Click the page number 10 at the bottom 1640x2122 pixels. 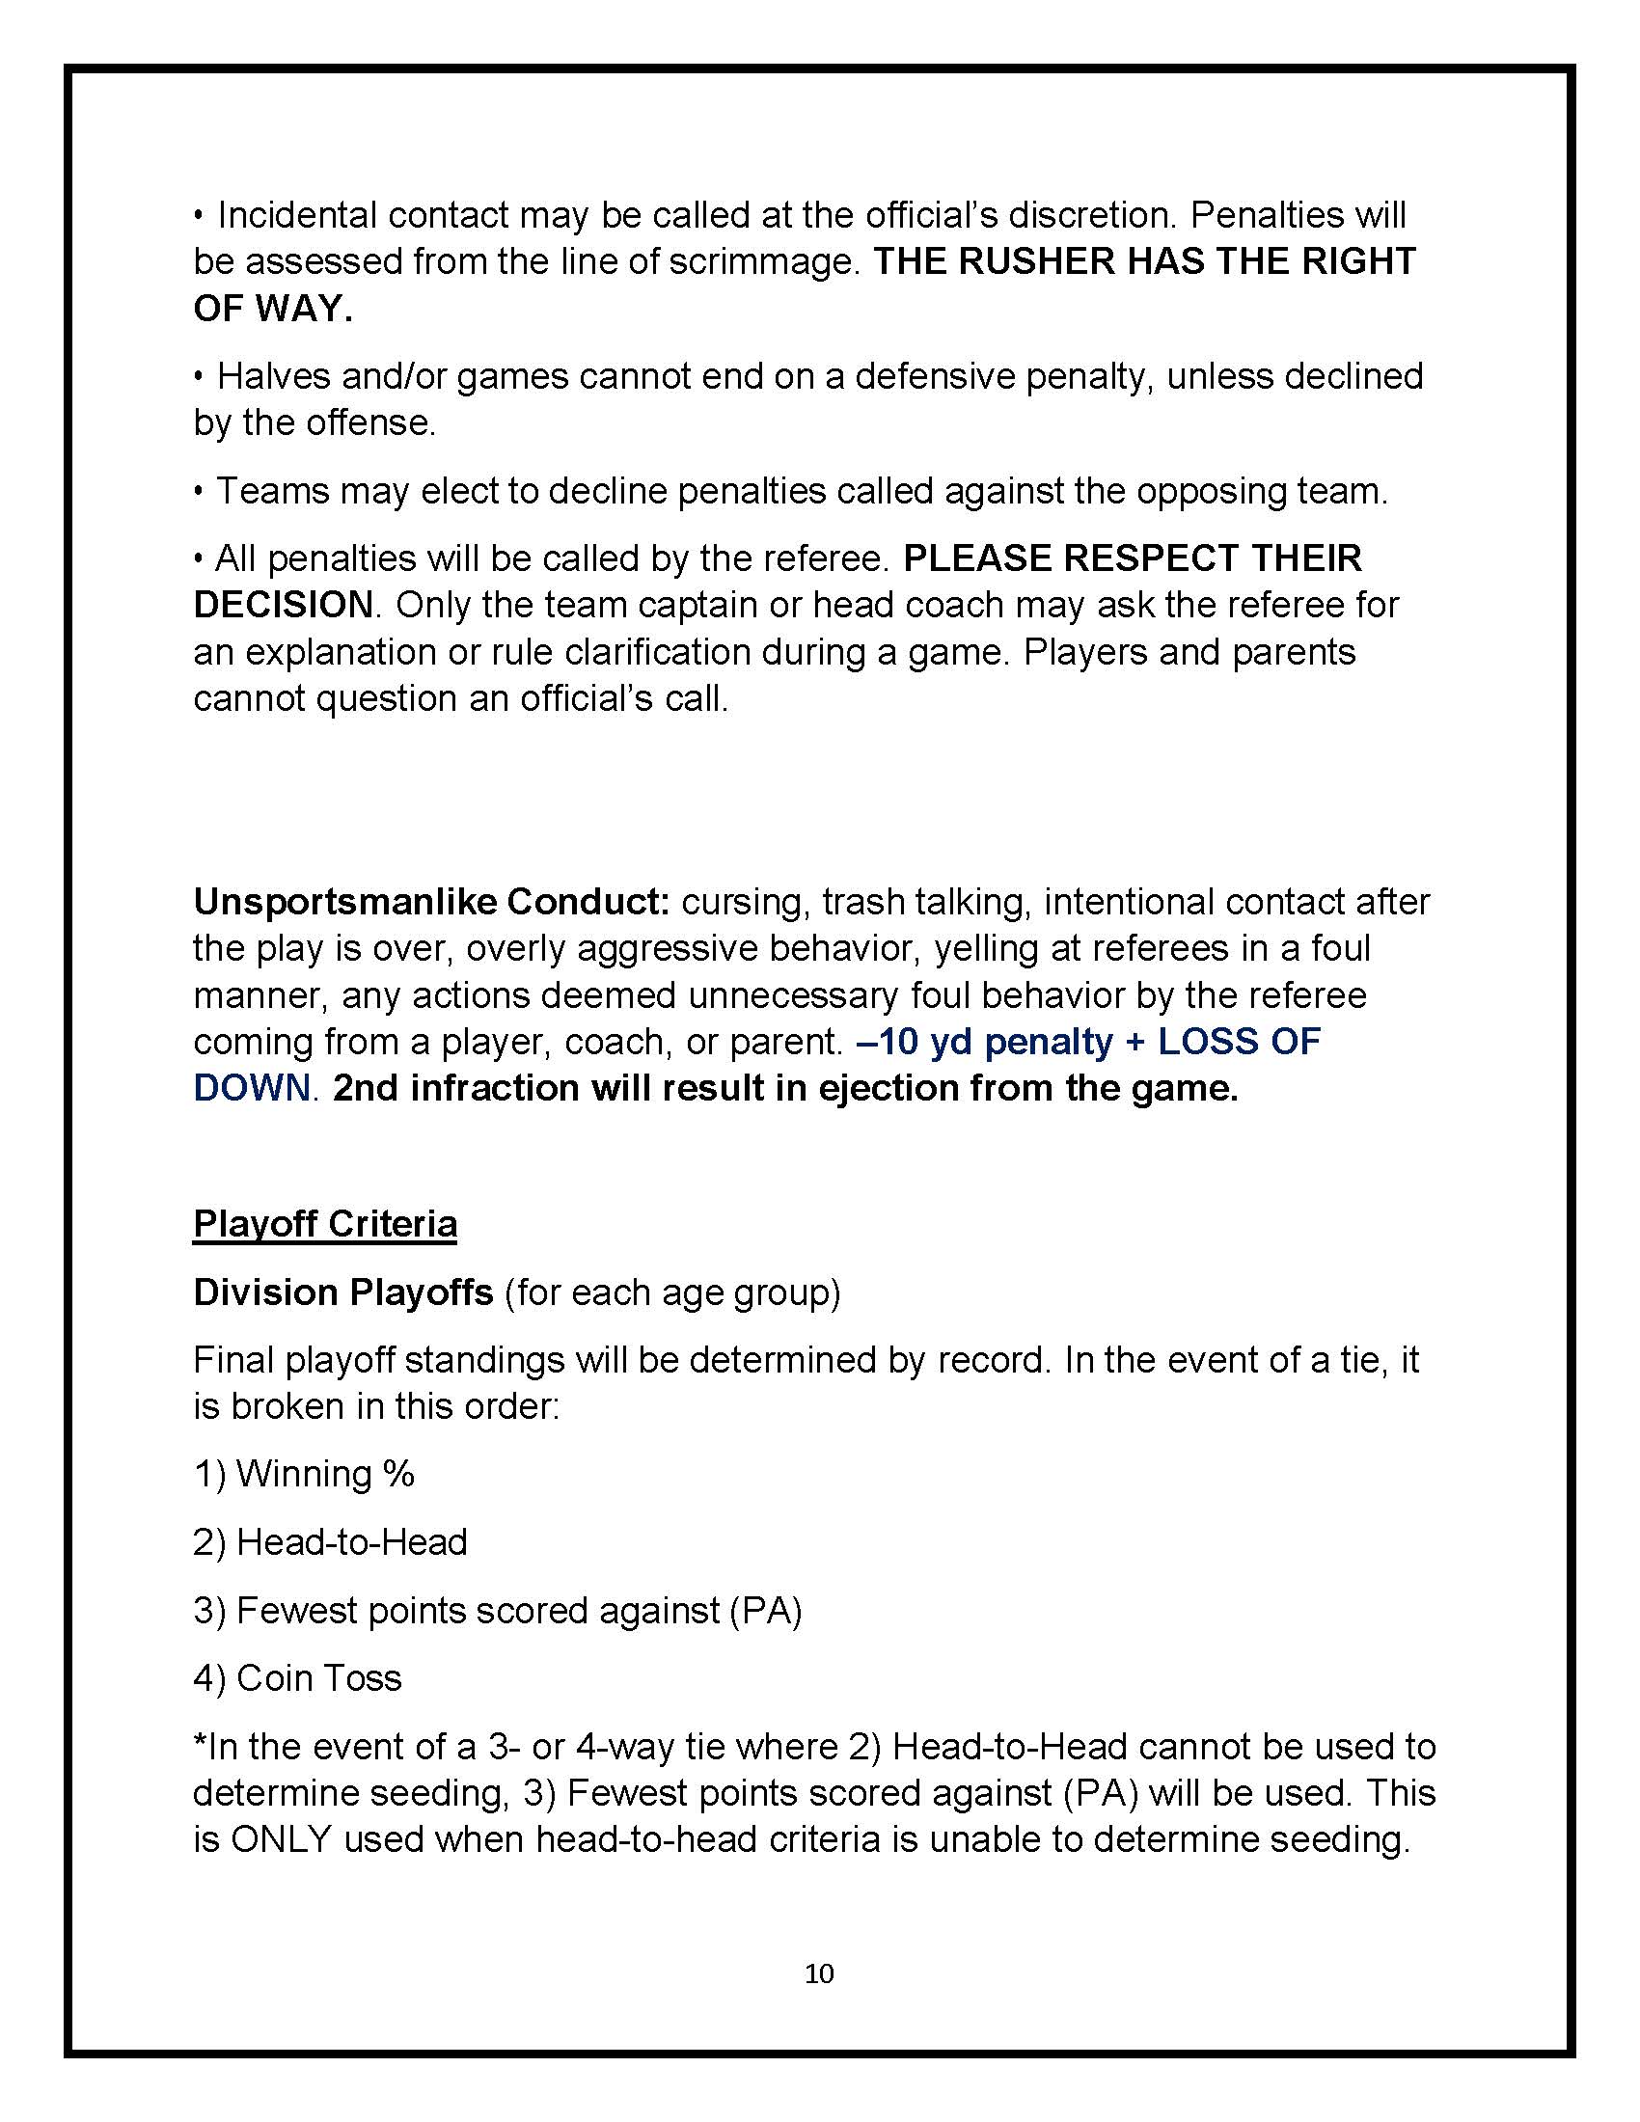point(819,1973)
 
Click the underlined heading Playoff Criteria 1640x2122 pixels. point(324,1223)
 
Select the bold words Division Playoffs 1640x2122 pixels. point(343,1292)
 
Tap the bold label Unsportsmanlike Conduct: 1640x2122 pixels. point(431,902)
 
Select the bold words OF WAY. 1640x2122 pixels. point(272,308)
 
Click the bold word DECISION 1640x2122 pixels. point(283,605)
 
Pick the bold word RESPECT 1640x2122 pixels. point(1149,558)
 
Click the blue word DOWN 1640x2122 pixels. point(251,1088)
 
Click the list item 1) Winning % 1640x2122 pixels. point(304,1474)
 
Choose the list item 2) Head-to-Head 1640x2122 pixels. point(330,1542)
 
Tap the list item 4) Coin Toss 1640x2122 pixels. point(297,1678)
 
